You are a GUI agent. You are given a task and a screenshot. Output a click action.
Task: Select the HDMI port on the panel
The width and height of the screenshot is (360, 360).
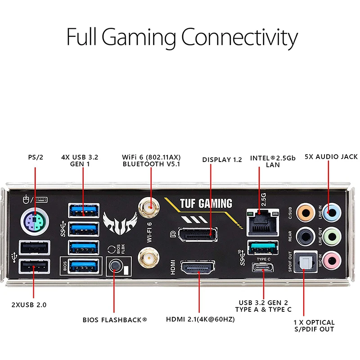(197, 269)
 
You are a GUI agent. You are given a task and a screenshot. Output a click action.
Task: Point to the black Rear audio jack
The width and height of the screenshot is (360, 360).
(307, 235)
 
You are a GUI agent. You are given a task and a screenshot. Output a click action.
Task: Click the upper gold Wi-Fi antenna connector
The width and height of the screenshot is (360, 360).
(150, 207)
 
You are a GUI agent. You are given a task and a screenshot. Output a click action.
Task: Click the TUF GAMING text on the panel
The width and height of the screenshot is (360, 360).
(206, 203)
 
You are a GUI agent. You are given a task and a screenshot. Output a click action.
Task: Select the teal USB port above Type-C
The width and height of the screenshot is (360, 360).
(263, 247)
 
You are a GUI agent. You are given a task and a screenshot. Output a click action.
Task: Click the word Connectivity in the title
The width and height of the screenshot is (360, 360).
(239, 37)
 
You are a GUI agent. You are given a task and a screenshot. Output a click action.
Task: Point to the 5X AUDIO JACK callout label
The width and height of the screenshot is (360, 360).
(331, 157)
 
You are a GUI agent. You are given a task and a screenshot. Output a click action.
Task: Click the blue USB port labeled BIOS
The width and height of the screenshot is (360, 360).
(84, 266)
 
